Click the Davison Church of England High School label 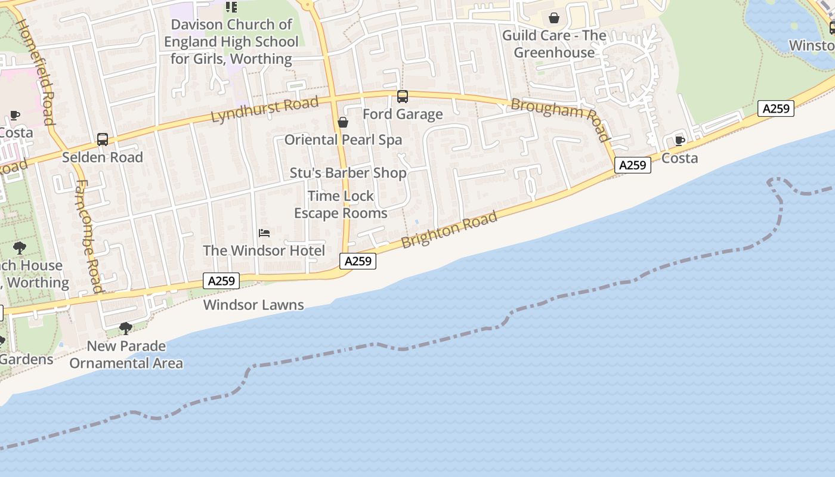tap(231, 42)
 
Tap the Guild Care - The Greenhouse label tap(554, 44)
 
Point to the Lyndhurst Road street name tap(265, 110)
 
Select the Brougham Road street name tap(560, 119)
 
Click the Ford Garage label tap(403, 114)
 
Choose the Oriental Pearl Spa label tap(343, 140)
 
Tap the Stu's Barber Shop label tap(348, 173)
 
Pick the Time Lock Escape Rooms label tap(341, 205)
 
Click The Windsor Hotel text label tap(264, 250)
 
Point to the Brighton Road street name tap(449, 230)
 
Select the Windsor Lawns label tap(253, 305)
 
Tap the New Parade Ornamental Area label tap(126, 354)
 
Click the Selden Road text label tap(103, 157)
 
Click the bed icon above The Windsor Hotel tap(264, 233)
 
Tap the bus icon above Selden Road tap(103, 140)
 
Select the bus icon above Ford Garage tap(403, 96)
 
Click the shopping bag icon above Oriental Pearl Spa tap(343, 122)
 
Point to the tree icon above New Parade tap(126, 328)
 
